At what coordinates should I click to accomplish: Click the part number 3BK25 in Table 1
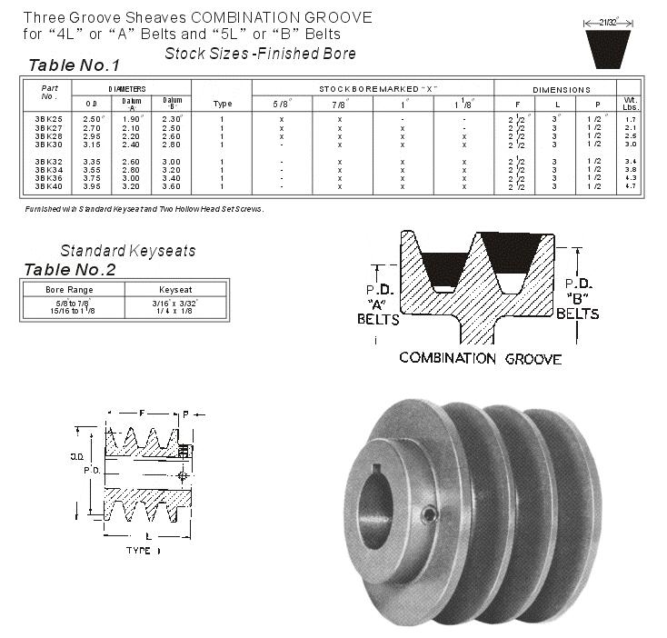point(49,119)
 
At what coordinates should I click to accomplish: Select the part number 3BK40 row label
point(49,186)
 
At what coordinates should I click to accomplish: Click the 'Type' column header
point(222,103)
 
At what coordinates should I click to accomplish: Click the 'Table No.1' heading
point(75,65)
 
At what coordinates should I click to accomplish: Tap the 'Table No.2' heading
point(70,270)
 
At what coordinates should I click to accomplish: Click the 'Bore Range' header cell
point(71,289)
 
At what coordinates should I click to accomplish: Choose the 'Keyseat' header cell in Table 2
point(174,289)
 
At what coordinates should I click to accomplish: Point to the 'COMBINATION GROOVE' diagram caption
point(480,358)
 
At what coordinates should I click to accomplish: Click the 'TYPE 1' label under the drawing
point(142,551)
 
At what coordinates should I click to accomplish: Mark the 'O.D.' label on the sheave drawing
point(78,456)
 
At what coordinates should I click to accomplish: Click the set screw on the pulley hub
point(427,516)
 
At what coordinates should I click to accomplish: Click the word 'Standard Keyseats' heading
point(127,251)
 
